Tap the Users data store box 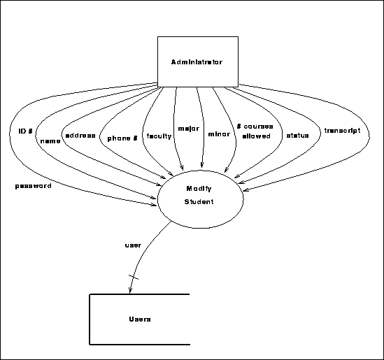coord(140,319)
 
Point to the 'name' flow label coord(50,141)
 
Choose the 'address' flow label coord(80,135)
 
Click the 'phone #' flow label coord(122,138)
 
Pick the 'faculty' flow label coord(158,136)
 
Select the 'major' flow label coord(189,129)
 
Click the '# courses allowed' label coord(255,131)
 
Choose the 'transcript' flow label coord(342,130)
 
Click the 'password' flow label coord(33,186)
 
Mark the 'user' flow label coord(133,245)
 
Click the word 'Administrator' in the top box coord(197,62)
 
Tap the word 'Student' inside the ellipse coord(199,202)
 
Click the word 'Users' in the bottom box coord(140,319)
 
